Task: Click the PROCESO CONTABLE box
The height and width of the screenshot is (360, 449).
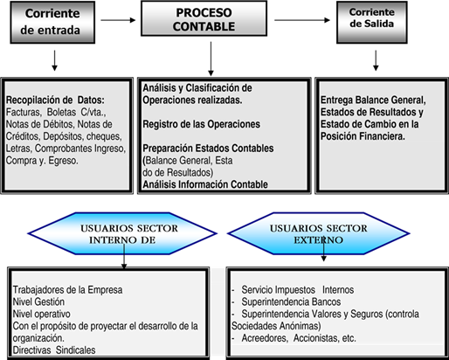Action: point(204,18)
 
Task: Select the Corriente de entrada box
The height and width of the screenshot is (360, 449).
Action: point(52,22)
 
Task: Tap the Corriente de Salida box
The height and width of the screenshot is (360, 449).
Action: point(372,22)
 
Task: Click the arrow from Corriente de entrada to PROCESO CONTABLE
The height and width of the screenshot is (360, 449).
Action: point(118,20)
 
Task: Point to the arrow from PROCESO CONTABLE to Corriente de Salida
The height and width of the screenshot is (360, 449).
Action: point(302,20)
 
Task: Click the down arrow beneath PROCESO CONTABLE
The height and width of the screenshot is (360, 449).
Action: point(211,59)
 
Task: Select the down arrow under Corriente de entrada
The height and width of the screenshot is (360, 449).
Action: point(54,60)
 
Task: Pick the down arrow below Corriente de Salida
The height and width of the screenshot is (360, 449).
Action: point(376,60)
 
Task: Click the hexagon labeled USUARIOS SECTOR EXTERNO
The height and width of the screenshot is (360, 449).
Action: point(319,233)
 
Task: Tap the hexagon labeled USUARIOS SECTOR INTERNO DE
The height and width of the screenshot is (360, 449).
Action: point(122,233)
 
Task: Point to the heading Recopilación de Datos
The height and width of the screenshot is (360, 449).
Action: point(55,100)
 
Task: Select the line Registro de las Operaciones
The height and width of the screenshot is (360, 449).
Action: point(201,124)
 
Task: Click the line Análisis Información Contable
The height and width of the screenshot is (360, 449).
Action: point(205,184)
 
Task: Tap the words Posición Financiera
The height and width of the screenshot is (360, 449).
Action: point(363,136)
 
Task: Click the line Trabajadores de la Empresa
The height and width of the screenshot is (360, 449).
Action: point(67,290)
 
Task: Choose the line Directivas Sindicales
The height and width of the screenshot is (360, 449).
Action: point(54,350)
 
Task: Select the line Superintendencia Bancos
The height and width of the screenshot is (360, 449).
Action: point(291,301)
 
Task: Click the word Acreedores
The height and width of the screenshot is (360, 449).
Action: point(265,338)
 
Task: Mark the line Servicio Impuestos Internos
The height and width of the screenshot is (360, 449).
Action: point(298,290)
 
